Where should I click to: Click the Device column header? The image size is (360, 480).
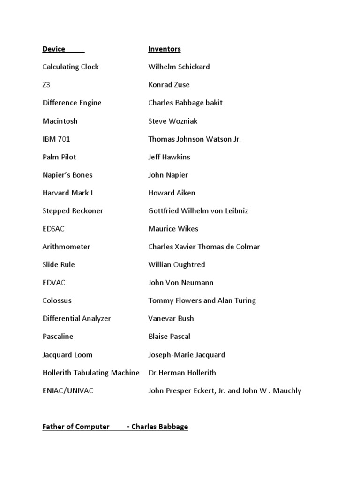click(x=54, y=49)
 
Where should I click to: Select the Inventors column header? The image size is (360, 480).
click(x=164, y=49)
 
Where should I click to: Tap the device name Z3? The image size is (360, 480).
click(x=46, y=85)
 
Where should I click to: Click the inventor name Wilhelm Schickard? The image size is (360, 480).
click(x=179, y=67)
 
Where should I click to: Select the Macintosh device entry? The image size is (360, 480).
click(x=60, y=121)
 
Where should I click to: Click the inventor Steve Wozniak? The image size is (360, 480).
click(x=172, y=121)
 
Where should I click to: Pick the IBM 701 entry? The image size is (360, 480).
click(x=56, y=139)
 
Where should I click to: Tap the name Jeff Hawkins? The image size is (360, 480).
click(x=169, y=157)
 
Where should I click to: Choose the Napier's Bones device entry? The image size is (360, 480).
click(x=67, y=175)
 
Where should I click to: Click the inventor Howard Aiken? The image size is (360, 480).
click(x=172, y=193)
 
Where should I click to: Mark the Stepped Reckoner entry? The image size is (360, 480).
click(x=73, y=210)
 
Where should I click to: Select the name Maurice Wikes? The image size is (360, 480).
click(x=173, y=229)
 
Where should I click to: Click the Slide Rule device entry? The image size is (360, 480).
click(x=59, y=264)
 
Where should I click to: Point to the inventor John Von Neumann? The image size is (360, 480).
click(x=180, y=282)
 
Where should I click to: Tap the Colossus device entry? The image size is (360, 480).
click(x=57, y=300)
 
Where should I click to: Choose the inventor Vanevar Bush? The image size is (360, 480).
click(x=171, y=318)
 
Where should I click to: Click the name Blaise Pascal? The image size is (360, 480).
click(x=169, y=336)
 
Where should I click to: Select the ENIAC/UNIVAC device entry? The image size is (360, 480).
click(x=67, y=390)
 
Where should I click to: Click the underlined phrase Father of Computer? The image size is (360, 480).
click(x=76, y=427)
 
